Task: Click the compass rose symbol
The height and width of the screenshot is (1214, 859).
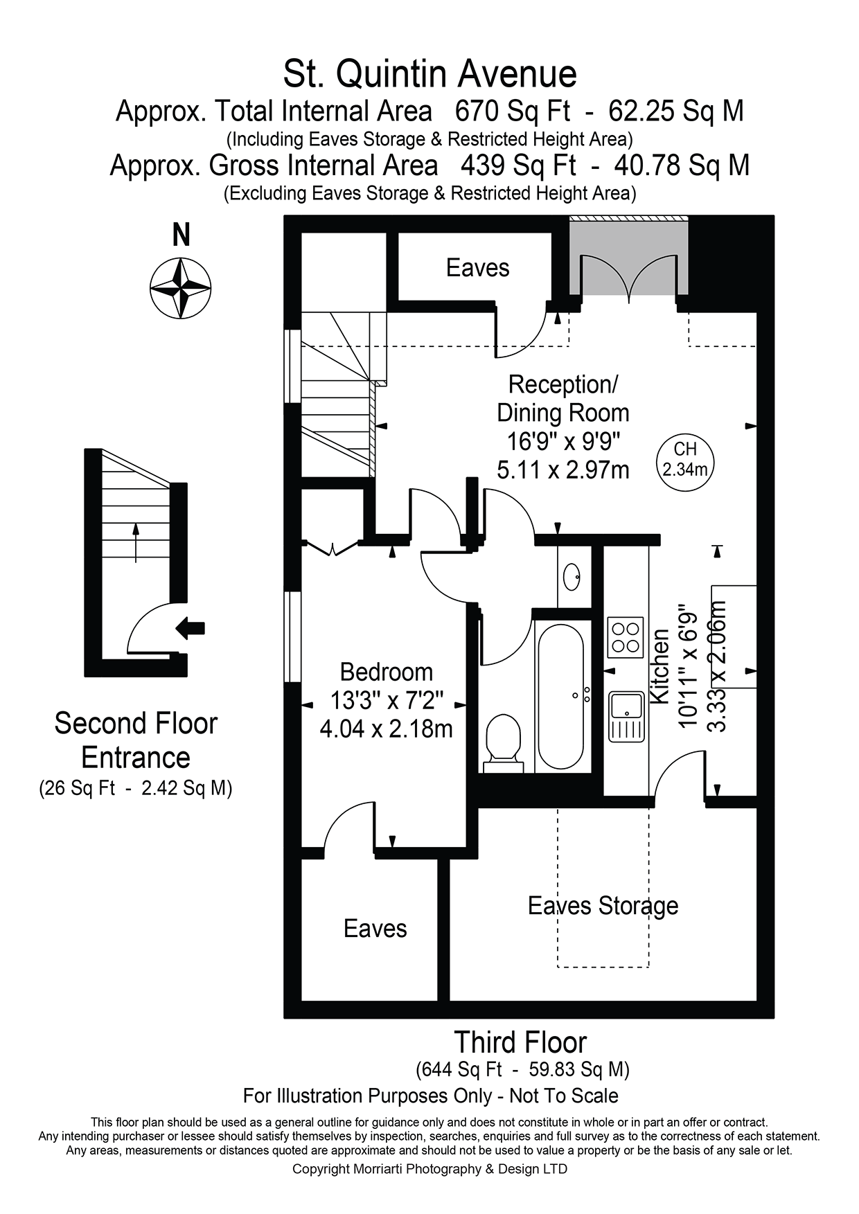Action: tap(180, 288)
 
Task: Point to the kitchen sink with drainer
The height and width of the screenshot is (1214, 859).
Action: tap(627, 716)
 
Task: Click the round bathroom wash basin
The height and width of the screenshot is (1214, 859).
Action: tap(572, 577)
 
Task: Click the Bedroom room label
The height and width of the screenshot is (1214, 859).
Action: tap(387, 672)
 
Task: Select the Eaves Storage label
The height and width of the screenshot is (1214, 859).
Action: tap(603, 906)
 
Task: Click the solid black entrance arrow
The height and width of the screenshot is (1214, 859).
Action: tap(191, 628)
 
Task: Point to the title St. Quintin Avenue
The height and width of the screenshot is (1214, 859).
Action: tap(429, 74)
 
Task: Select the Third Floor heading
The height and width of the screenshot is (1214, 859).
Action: tap(520, 1042)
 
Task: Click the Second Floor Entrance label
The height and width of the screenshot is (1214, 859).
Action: tap(136, 740)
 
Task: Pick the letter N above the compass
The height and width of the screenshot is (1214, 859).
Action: tap(181, 235)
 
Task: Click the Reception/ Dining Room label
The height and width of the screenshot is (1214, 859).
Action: tap(563, 398)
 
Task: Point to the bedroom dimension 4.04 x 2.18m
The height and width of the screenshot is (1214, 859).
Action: tap(386, 729)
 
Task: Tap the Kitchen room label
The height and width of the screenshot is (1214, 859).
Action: tap(659, 666)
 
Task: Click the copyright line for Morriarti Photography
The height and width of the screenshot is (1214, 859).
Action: tap(429, 1169)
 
